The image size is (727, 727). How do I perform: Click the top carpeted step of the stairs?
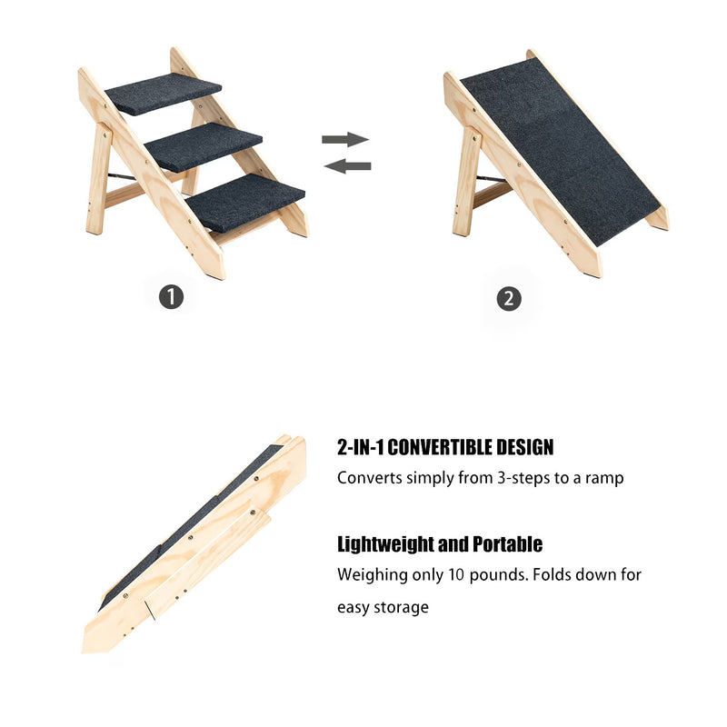(164, 95)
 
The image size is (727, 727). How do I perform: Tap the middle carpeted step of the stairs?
(204, 145)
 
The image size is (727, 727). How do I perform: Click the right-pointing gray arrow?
(345, 139)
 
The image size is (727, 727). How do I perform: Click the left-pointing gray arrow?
(347, 165)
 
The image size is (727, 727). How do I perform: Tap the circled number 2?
(510, 298)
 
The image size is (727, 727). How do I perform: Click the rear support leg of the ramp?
(466, 182)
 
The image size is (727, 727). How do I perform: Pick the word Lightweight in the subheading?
(377, 544)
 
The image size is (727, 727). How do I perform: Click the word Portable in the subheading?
(507, 544)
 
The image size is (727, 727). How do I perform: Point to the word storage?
(399, 607)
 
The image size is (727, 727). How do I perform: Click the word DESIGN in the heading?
(525, 447)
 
